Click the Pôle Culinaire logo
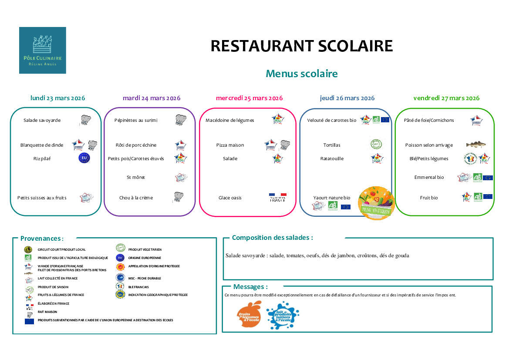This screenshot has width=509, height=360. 42,50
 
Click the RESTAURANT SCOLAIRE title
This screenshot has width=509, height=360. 301,46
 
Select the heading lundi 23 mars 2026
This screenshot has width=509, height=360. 57,98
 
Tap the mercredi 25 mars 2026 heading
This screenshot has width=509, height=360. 249,98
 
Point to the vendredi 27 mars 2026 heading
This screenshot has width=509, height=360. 446,98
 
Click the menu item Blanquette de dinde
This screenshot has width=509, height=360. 42,145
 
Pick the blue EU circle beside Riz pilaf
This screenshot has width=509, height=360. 84,158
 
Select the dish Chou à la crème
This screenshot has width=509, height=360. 136,198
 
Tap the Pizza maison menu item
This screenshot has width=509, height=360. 230,145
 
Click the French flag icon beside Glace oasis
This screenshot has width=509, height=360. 278,197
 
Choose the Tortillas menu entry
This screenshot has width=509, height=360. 332,145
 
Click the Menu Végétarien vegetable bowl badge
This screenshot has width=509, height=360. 376,203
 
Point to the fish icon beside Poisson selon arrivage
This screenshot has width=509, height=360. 475,145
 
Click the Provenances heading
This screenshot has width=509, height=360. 42,239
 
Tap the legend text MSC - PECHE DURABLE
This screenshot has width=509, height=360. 145,278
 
